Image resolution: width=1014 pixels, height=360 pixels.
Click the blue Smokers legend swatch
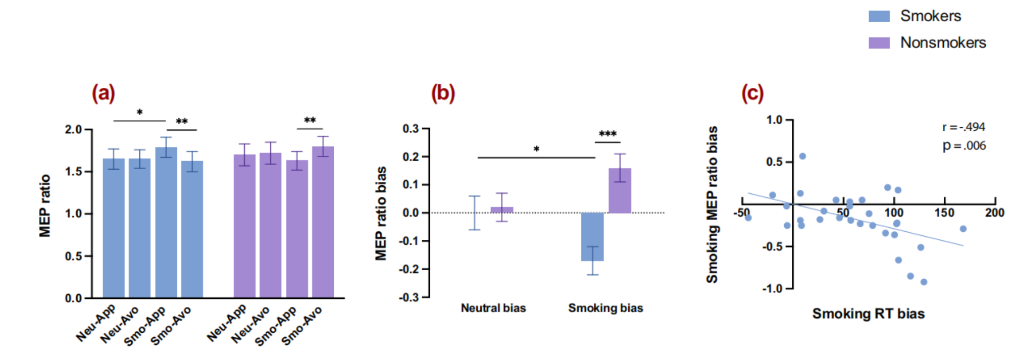879,16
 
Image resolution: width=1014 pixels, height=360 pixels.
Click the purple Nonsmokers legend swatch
879,43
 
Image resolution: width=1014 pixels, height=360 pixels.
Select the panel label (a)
104,93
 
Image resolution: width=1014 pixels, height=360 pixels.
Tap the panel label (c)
752,93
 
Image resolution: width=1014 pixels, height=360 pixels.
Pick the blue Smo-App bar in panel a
166,222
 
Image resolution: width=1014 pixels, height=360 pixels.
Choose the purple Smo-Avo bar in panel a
323,222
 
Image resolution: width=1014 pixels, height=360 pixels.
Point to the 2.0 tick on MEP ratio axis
73,130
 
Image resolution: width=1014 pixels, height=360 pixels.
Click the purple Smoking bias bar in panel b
620,191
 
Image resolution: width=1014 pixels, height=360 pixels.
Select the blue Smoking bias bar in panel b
592,236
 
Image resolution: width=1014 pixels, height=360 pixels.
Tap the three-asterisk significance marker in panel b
607,134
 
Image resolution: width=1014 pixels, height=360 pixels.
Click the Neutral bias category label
493,308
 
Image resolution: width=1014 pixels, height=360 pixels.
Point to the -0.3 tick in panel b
411,297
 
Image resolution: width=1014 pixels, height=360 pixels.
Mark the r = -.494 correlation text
964,127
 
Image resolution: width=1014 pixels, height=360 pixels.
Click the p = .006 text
964,146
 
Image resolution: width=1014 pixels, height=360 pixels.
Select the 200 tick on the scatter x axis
995,213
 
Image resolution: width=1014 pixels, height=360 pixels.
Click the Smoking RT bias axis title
869,314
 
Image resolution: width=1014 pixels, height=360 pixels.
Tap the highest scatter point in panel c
802,156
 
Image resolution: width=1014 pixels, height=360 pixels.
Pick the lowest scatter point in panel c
924,282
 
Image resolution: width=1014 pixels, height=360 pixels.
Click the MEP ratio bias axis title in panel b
381,213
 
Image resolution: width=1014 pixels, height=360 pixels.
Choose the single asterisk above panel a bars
140,113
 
